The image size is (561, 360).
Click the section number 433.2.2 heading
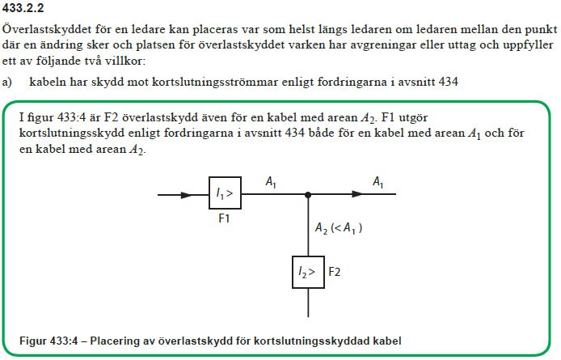point(25,8)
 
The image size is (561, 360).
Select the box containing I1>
point(224,195)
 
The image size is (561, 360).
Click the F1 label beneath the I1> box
point(225,219)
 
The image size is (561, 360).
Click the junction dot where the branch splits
point(308,195)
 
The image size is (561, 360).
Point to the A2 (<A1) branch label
point(338,229)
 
